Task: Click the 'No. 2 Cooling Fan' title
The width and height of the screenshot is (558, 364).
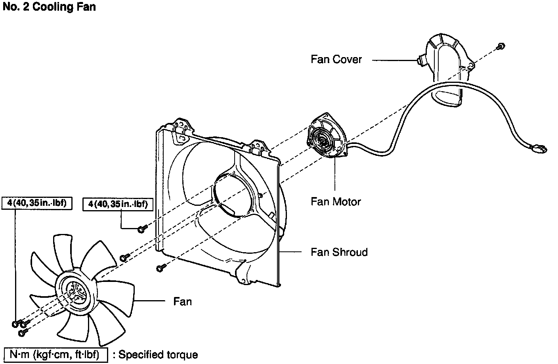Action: coord(49,7)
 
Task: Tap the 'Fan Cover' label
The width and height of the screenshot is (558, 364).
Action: coord(336,59)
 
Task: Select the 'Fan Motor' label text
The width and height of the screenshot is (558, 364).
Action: coord(336,202)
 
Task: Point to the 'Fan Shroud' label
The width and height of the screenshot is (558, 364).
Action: coord(339,252)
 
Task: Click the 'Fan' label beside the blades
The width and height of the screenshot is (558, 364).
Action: coord(182,302)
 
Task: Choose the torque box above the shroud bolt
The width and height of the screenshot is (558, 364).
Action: coord(118,204)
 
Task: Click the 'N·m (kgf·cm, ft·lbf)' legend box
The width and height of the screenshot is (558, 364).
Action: coord(55,354)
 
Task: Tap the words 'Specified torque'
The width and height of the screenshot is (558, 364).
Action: coord(158,354)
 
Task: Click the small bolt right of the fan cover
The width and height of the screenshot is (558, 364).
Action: coord(501,46)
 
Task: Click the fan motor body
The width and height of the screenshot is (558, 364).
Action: coord(327,136)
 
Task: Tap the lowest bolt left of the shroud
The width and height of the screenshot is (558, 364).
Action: coord(160,268)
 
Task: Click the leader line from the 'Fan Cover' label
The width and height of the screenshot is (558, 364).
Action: coord(392,60)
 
